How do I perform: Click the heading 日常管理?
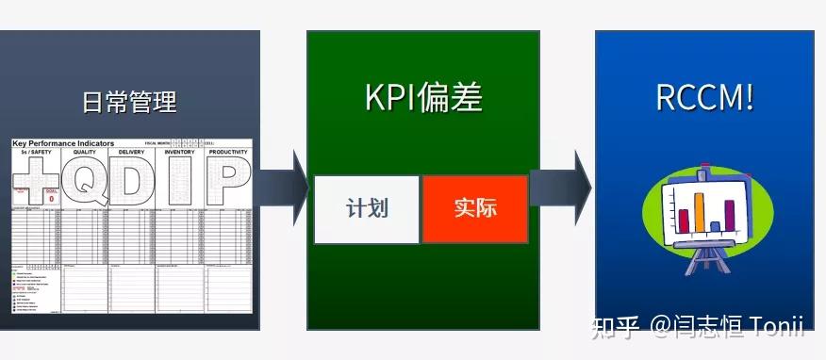pyautogui.click(x=129, y=101)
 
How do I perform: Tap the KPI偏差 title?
pyautogui.click(x=423, y=96)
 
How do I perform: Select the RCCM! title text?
pyautogui.click(x=704, y=96)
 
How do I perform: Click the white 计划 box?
pyautogui.click(x=367, y=208)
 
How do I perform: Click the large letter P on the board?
pyautogui.click(x=227, y=182)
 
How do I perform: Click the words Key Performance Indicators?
pyautogui.click(x=63, y=143)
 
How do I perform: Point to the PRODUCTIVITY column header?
pyautogui.click(x=228, y=151)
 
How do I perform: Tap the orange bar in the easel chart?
pyautogui.click(x=701, y=212)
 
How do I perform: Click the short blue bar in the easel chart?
pyautogui.click(x=715, y=226)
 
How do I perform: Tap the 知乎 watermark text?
pyautogui.click(x=615, y=326)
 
